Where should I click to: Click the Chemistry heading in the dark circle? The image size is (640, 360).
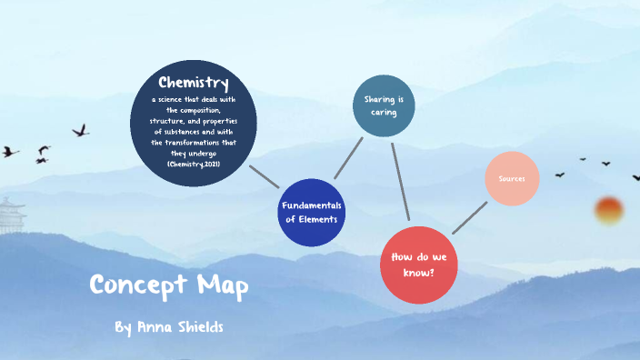pos(193,84)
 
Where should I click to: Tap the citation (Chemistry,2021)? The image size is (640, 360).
pos(193,164)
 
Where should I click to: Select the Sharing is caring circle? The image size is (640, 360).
pos(384,105)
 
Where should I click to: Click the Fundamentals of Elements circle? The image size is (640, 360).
pos(312,212)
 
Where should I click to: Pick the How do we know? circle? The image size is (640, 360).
pos(417,265)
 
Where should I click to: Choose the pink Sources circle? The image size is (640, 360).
pos(512,178)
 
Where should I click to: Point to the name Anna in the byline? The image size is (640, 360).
pos(156,325)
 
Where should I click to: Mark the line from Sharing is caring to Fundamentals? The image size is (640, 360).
pos(348,157)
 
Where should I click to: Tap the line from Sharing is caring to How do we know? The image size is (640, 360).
pos(400,181)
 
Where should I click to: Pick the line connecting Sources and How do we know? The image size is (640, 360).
pos(469,217)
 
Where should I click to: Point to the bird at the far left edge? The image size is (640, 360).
pos(9,151)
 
